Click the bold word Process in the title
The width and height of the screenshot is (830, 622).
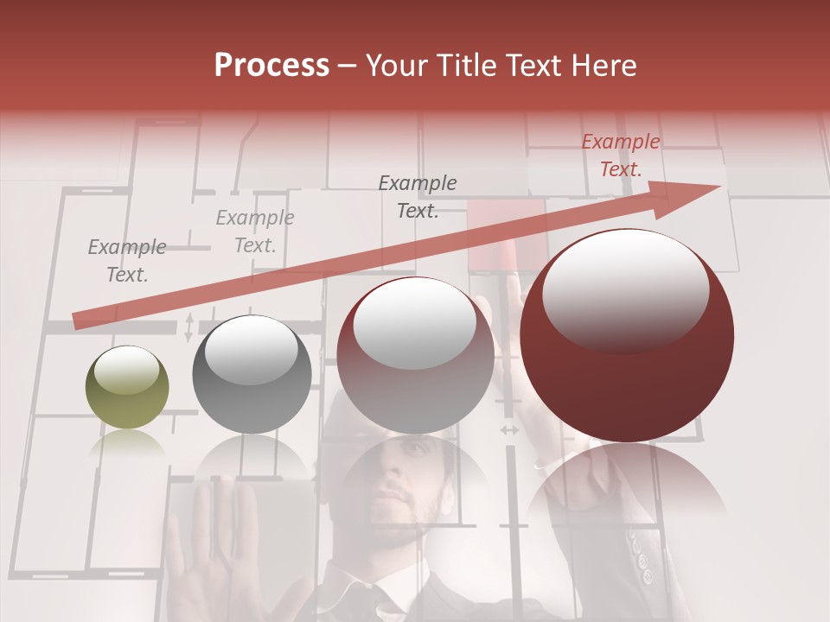pos(271,65)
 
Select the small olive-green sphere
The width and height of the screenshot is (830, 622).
pos(127,387)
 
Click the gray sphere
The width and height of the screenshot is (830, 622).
pos(252,374)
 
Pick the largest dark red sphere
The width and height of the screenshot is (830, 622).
pos(627,335)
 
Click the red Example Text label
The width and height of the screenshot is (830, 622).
pos(620,155)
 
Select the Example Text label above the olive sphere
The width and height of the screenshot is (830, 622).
pos(127,261)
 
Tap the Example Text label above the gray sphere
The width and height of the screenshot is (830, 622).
pos(254,232)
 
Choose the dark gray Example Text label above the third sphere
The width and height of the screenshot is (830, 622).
pos(418,197)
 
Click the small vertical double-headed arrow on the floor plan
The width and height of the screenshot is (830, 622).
pos(189,327)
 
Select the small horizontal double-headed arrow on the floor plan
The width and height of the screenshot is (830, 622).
pos(509,429)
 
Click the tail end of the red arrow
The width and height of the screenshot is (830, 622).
pos(78,321)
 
